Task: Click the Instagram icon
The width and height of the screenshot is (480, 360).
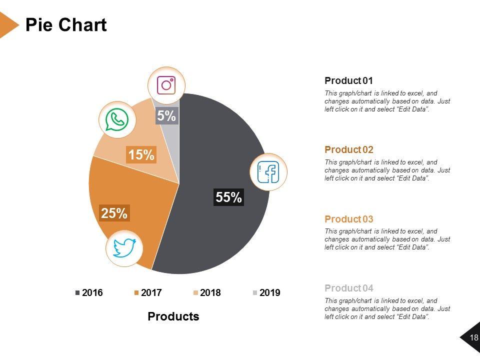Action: [x=166, y=85]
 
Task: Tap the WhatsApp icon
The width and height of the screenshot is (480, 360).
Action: [x=117, y=120]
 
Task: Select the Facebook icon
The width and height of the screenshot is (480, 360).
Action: [x=268, y=172]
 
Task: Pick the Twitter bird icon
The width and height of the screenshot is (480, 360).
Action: [x=124, y=248]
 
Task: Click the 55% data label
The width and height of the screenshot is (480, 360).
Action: [x=229, y=197]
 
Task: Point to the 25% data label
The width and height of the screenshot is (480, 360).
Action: [x=114, y=213]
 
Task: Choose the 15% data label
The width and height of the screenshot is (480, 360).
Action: [x=141, y=155]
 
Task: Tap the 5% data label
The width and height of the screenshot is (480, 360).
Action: [x=166, y=116]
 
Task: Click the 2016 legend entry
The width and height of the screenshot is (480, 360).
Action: [x=89, y=293]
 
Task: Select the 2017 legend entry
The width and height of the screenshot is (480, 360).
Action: [x=148, y=293]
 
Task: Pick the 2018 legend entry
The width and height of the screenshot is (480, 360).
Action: [x=207, y=293]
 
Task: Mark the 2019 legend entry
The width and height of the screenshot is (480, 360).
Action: [x=266, y=293]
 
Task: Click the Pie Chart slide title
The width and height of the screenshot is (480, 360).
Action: [x=66, y=25]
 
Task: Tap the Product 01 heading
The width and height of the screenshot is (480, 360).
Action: [x=349, y=80]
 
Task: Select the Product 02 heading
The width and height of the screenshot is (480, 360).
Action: [x=349, y=149]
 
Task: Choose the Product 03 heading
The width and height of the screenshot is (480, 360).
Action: [x=349, y=219]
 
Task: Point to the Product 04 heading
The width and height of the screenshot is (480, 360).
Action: [x=349, y=288]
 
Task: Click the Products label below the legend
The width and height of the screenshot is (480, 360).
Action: [x=173, y=316]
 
